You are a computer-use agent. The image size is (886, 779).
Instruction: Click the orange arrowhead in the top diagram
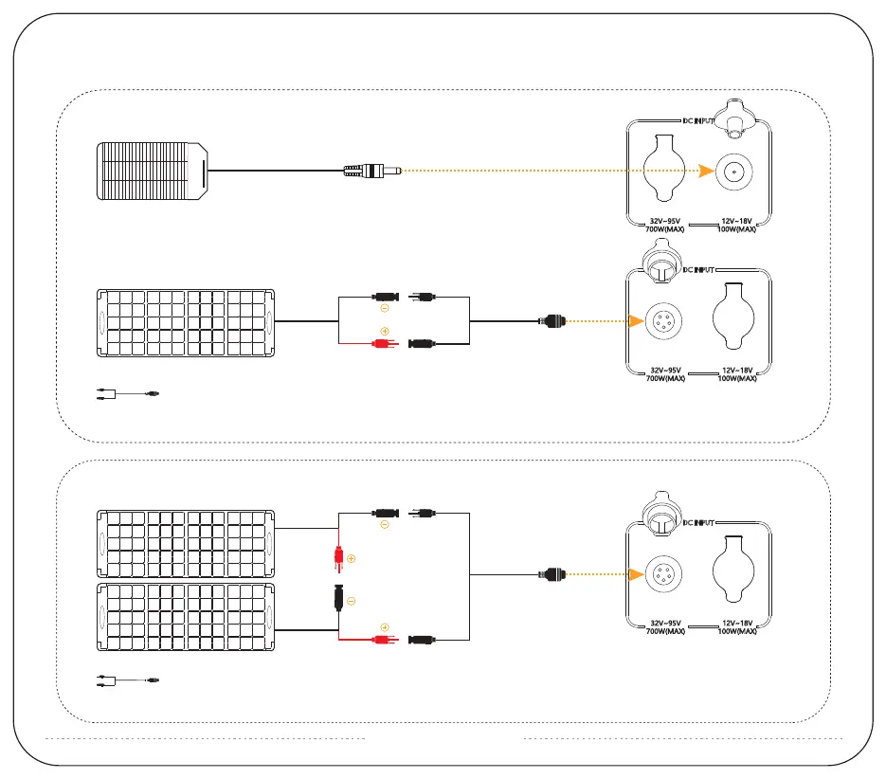coord(704,172)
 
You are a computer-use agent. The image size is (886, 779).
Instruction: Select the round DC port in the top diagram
coord(732,172)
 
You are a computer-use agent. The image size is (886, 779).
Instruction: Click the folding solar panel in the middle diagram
coord(186,322)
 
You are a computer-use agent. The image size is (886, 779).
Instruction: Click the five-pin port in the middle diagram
coord(658,321)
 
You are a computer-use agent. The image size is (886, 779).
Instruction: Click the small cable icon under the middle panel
coord(129,392)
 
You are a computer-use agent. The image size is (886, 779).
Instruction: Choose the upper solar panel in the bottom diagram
coord(186,542)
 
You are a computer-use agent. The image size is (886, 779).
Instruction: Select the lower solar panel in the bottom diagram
coord(186,617)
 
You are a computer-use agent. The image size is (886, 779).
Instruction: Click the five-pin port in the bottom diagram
coord(658,574)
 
